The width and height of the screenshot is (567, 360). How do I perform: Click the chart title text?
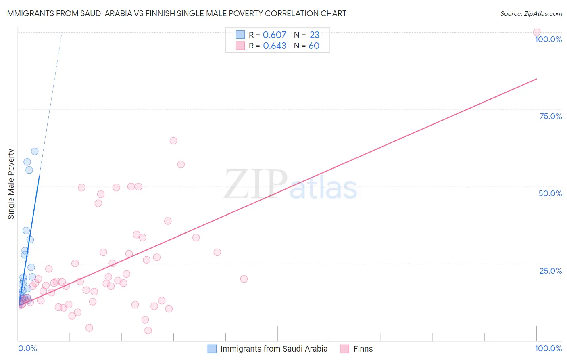pos(175,13)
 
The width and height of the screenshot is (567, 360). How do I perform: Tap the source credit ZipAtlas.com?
pos(531,13)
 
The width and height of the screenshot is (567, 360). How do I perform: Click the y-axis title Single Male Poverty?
pos(11,184)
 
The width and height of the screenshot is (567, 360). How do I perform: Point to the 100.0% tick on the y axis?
pos(548,39)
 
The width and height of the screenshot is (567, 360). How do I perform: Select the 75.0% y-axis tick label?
pos(550,116)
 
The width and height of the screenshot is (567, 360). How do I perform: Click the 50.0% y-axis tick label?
pos(550,193)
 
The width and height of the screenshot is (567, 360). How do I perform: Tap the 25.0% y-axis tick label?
pos(550,271)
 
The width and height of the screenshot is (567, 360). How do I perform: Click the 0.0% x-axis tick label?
pos(27,348)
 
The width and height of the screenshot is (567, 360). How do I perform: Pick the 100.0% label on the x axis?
pos(548,348)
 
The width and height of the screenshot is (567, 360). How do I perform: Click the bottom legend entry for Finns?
pos(363,349)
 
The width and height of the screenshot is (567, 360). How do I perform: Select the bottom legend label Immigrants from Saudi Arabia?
pos(274,349)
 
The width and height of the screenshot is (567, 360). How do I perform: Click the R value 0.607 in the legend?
pos(274,35)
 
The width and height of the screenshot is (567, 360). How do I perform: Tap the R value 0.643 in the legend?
pos(274,46)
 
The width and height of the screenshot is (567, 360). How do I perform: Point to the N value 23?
pos(315,35)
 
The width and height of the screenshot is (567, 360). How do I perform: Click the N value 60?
pos(314,46)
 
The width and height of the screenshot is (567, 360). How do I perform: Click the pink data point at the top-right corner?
pos(537,32)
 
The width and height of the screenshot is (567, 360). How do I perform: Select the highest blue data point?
pos(35,151)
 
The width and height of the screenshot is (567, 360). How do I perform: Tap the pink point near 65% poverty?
pos(173,141)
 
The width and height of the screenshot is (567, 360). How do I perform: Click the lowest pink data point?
pos(148,331)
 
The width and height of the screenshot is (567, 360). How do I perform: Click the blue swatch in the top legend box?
pos(240,35)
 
